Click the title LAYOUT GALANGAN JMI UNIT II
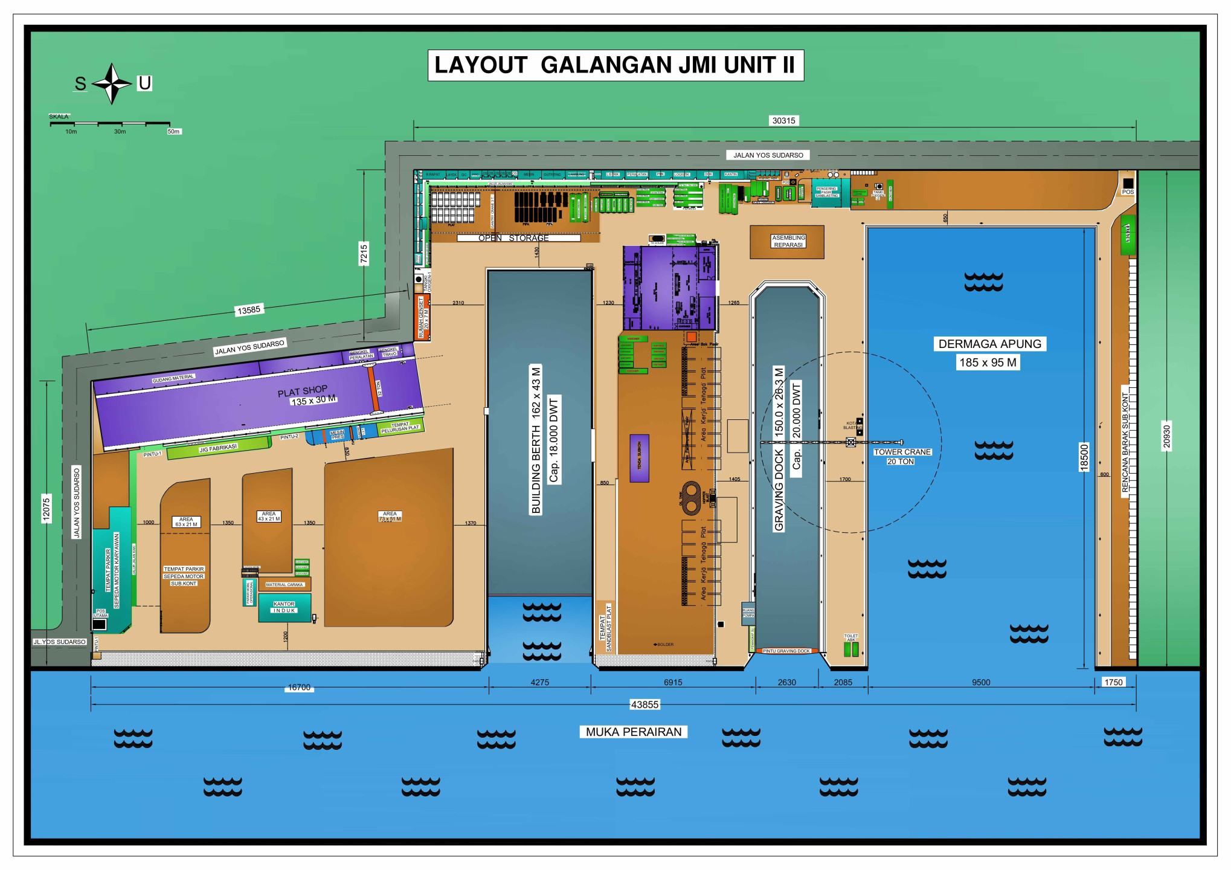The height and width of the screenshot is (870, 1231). point(615,65)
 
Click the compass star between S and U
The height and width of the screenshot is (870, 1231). point(112,83)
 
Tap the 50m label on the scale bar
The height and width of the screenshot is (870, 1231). point(173,131)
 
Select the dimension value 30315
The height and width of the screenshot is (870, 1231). point(783,121)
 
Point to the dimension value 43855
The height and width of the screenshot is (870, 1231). point(644,704)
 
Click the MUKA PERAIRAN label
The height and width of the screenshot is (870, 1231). point(633,732)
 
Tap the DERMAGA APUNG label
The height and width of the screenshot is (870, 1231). point(989,344)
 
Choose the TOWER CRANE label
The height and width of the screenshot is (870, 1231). point(902,452)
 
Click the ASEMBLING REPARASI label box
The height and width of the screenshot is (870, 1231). point(788,242)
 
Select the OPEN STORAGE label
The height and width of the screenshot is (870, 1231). point(513,238)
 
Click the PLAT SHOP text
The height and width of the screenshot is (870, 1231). point(302,391)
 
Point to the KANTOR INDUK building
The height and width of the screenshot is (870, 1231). point(284,607)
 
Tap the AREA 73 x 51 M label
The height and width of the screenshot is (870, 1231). point(390,516)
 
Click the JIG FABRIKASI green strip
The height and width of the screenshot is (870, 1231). point(218,448)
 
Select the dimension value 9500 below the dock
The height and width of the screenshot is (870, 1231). point(980,682)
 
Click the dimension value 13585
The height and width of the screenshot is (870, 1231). point(249,310)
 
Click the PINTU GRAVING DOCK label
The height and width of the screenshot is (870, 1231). point(786,651)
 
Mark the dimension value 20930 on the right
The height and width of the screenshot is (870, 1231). point(1166,437)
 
